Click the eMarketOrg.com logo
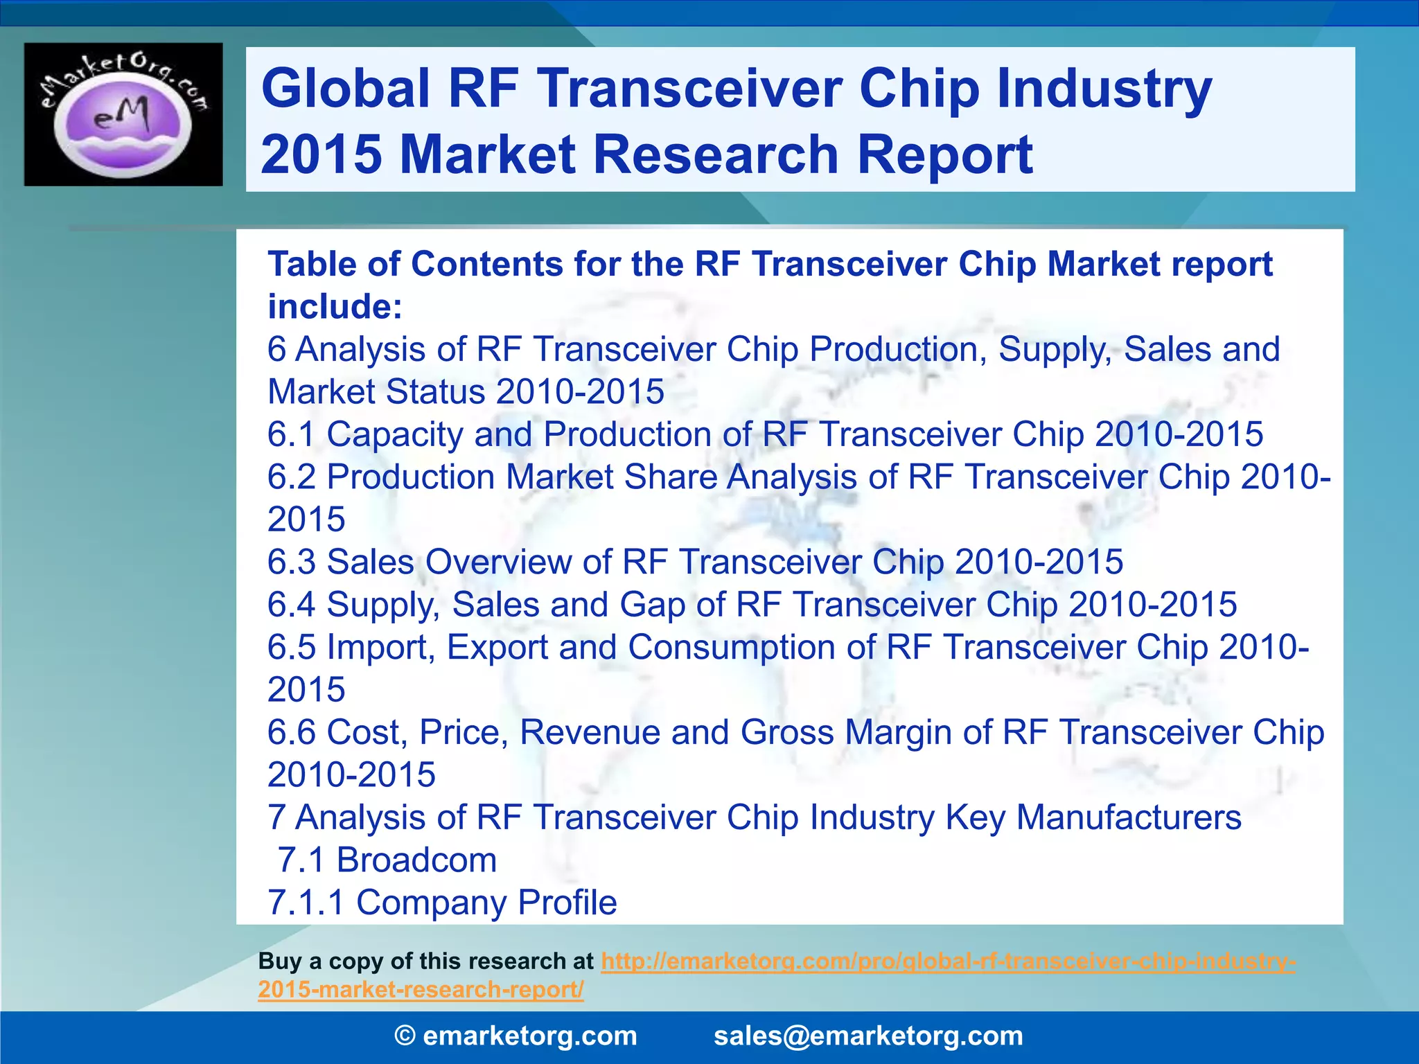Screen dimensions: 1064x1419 123,114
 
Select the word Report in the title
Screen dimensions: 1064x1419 945,154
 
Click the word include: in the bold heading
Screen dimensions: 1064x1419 335,307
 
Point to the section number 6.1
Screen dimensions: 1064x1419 292,434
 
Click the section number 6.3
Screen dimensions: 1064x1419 292,562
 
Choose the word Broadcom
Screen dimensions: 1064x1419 416,860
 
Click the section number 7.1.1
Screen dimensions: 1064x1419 306,903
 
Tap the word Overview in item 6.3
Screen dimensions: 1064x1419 498,562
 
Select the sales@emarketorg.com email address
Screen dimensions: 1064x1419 868,1036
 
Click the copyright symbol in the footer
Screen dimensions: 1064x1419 405,1036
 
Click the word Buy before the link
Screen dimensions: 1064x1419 280,961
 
